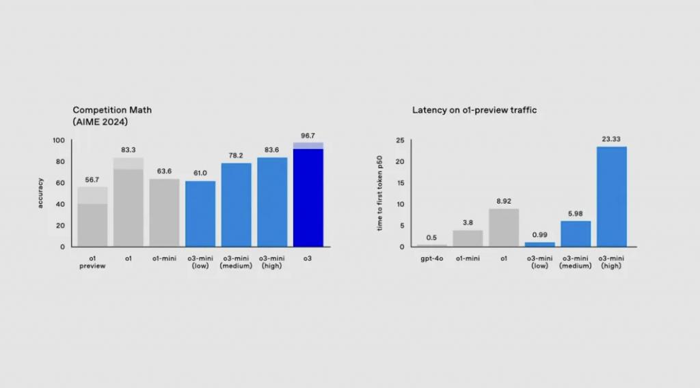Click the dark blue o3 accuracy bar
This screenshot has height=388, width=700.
tap(308, 198)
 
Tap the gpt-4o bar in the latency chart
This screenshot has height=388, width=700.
tap(432, 245)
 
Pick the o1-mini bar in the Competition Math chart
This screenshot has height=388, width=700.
tap(164, 212)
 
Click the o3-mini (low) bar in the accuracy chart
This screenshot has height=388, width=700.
tap(200, 213)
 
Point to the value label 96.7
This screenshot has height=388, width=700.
tap(308, 136)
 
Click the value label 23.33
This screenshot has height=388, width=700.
tap(612, 139)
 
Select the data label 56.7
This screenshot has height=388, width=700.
tap(92, 180)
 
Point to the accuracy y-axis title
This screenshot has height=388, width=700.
tap(40, 193)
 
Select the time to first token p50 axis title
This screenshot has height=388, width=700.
tap(380, 194)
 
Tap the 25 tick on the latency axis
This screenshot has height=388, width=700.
tap(401, 141)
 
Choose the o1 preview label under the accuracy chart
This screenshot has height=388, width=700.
tap(92, 262)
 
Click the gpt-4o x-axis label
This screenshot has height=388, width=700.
tap(432, 258)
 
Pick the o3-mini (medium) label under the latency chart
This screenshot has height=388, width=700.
tap(576, 262)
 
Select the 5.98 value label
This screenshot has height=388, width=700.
tap(576, 214)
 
